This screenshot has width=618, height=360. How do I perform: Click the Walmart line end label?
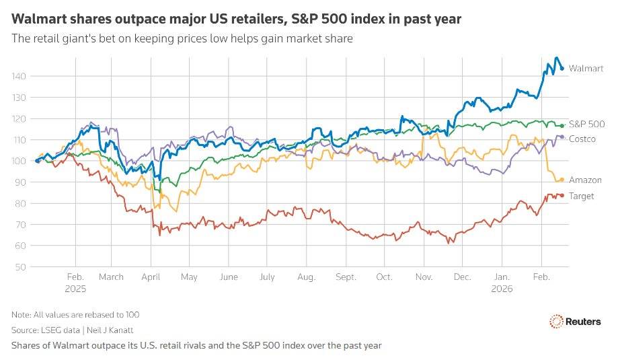(586, 69)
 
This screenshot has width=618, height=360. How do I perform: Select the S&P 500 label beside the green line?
(586, 124)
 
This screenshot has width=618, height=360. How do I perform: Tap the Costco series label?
(583, 138)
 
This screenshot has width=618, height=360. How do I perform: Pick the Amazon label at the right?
(585, 180)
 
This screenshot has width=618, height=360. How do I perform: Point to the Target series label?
(582, 196)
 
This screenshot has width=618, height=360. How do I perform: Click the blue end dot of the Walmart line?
(562, 68)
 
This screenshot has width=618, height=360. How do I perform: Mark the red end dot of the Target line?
(562, 196)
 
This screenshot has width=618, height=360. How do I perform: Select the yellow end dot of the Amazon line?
(562, 180)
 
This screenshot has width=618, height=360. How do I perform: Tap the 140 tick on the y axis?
(21, 77)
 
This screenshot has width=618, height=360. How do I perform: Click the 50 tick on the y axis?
(23, 267)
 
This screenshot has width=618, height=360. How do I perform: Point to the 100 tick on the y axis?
(21, 161)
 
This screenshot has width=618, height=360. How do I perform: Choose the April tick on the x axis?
(151, 277)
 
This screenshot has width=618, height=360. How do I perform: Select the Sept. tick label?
(346, 277)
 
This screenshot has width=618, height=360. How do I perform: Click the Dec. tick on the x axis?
(463, 277)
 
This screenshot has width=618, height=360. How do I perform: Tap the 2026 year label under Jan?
(502, 288)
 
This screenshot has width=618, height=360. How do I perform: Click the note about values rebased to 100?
(75, 314)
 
